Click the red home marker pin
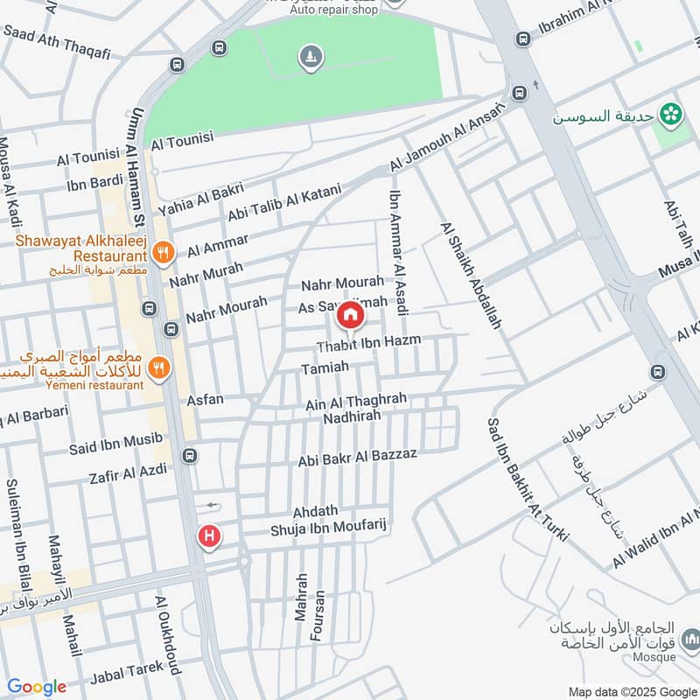[x=350, y=314]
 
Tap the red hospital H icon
[x=208, y=535]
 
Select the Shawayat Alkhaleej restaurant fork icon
[x=161, y=254]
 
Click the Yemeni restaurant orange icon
[x=158, y=367]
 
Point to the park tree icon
[x=311, y=58]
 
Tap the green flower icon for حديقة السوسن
[x=671, y=113]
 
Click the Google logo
[x=37, y=687]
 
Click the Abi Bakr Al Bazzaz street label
[x=358, y=457]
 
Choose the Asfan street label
[x=206, y=400]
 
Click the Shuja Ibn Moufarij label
[x=328, y=528]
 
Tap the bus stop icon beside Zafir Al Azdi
[x=190, y=456]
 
